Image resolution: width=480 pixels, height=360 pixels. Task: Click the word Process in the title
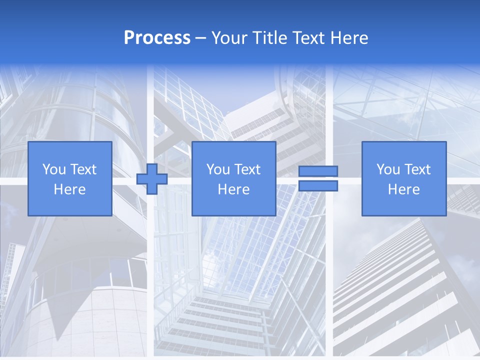click(x=157, y=38)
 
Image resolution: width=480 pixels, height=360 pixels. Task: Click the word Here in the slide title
click(x=348, y=38)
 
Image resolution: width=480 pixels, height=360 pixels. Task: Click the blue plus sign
click(x=152, y=178)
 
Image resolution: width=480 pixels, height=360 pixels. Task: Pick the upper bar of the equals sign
click(x=318, y=171)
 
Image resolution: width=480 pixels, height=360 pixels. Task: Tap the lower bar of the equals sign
click(x=318, y=186)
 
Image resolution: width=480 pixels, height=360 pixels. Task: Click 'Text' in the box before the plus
click(x=83, y=169)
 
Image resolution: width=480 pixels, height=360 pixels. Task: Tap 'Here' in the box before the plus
click(x=70, y=189)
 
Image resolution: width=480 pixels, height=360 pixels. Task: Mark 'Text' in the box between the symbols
click(x=247, y=169)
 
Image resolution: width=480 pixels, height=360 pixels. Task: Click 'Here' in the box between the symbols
click(x=234, y=189)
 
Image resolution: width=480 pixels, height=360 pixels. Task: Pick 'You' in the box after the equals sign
click(x=388, y=169)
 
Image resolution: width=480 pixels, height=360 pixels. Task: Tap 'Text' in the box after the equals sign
click(x=417, y=169)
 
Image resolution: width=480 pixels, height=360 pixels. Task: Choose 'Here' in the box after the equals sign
click(x=404, y=189)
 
